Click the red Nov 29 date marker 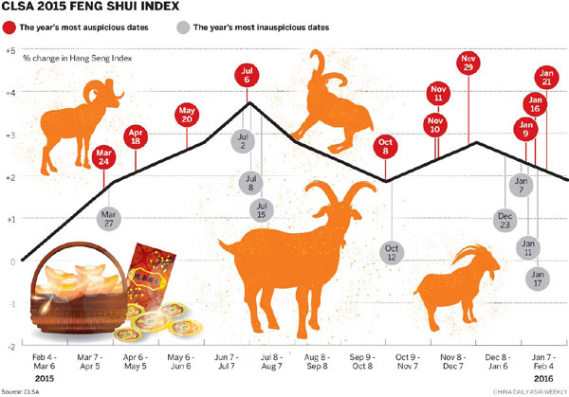468,65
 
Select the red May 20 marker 187,116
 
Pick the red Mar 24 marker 104,153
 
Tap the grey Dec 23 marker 505,220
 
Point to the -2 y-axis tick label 9,346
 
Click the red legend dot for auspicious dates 9,27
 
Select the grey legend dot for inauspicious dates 182,27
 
